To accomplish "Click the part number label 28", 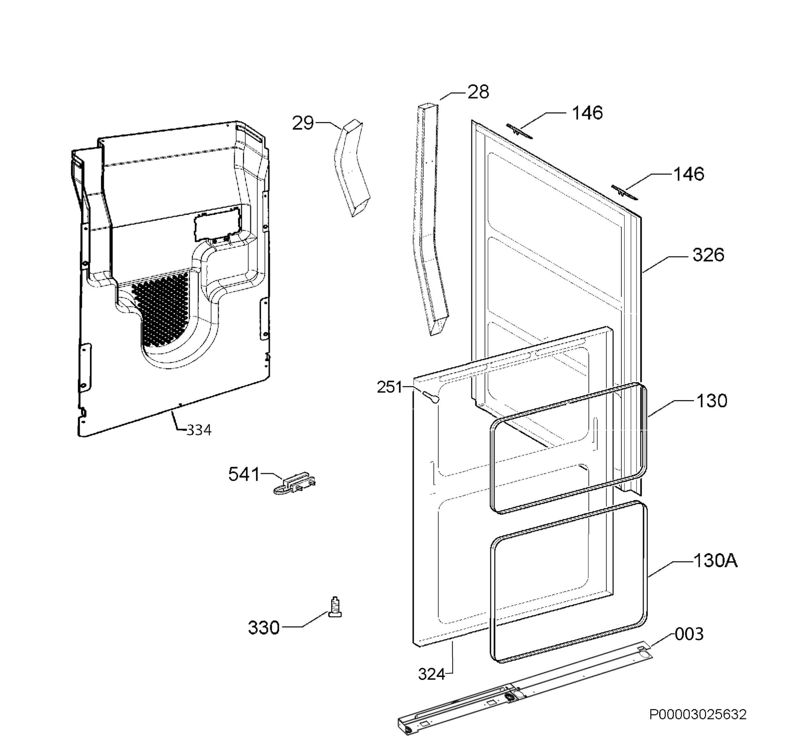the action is tap(478, 92).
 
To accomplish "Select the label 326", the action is tap(708, 255).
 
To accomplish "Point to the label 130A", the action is tap(716, 561).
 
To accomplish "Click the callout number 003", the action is tap(689, 634).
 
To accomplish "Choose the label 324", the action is tap(431, 675).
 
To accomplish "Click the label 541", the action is tap(244, 474).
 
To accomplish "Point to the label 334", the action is tap(199, 430).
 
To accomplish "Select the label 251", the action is tap(389, 387).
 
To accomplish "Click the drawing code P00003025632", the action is tap(698, 714).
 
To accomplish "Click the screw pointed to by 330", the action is tap(335, 607).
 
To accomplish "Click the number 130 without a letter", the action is tap(712, 401).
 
